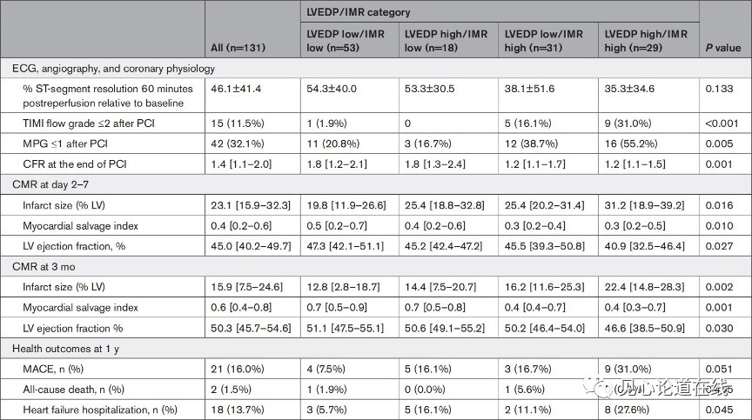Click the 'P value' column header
[x=723, y=48]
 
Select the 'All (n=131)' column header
[x=238, y=48]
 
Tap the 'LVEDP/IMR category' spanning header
[x=359, y=12]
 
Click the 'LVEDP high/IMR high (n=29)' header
[x=646, y=41]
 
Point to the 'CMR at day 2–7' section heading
[x=50, y=185]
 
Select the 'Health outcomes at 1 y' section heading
[x=65, y=349]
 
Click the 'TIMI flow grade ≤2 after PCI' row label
[x=89, y=123]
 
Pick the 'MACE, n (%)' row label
[x=53, y=370]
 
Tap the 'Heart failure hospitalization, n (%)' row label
[x=100, y=410]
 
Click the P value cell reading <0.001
[x=722, y=123]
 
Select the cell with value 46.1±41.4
[x=236, y=89]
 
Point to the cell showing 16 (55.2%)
[x=631, y=143]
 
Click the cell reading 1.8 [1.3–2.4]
[x=435, y=164]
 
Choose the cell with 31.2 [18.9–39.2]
[x=645, y=205]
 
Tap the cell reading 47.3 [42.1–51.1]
[x=346, y=246]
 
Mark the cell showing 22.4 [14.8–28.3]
[x=645, y=287]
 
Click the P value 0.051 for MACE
[x=720, y=370]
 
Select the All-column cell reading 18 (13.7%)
[x=238, y=410]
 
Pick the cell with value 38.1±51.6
[x=529, y=89]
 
